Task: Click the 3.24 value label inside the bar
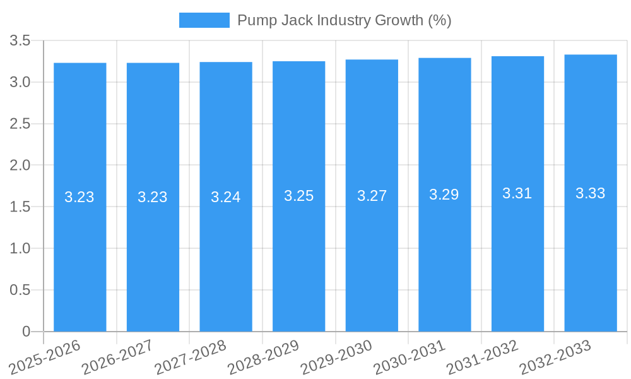tap(226, 197)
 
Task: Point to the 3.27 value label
tap(372, 196)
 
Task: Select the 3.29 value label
tap(444, 195)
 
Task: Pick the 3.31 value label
tap(517, 194)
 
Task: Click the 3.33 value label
tap(591, 193)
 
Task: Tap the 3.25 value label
tap(298, 196)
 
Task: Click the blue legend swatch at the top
tap(204, 20)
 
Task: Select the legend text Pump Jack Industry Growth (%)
tap(344, 20)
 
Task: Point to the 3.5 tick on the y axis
tap(20, 41)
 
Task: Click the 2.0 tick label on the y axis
tap(20, 165)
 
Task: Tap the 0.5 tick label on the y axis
tap(20, 290)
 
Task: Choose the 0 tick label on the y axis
tap(26, 332)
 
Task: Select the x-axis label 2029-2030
tap(337, 356)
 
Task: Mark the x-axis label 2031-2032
tap(483, 356)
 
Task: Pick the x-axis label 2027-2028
tap(191, 356)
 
